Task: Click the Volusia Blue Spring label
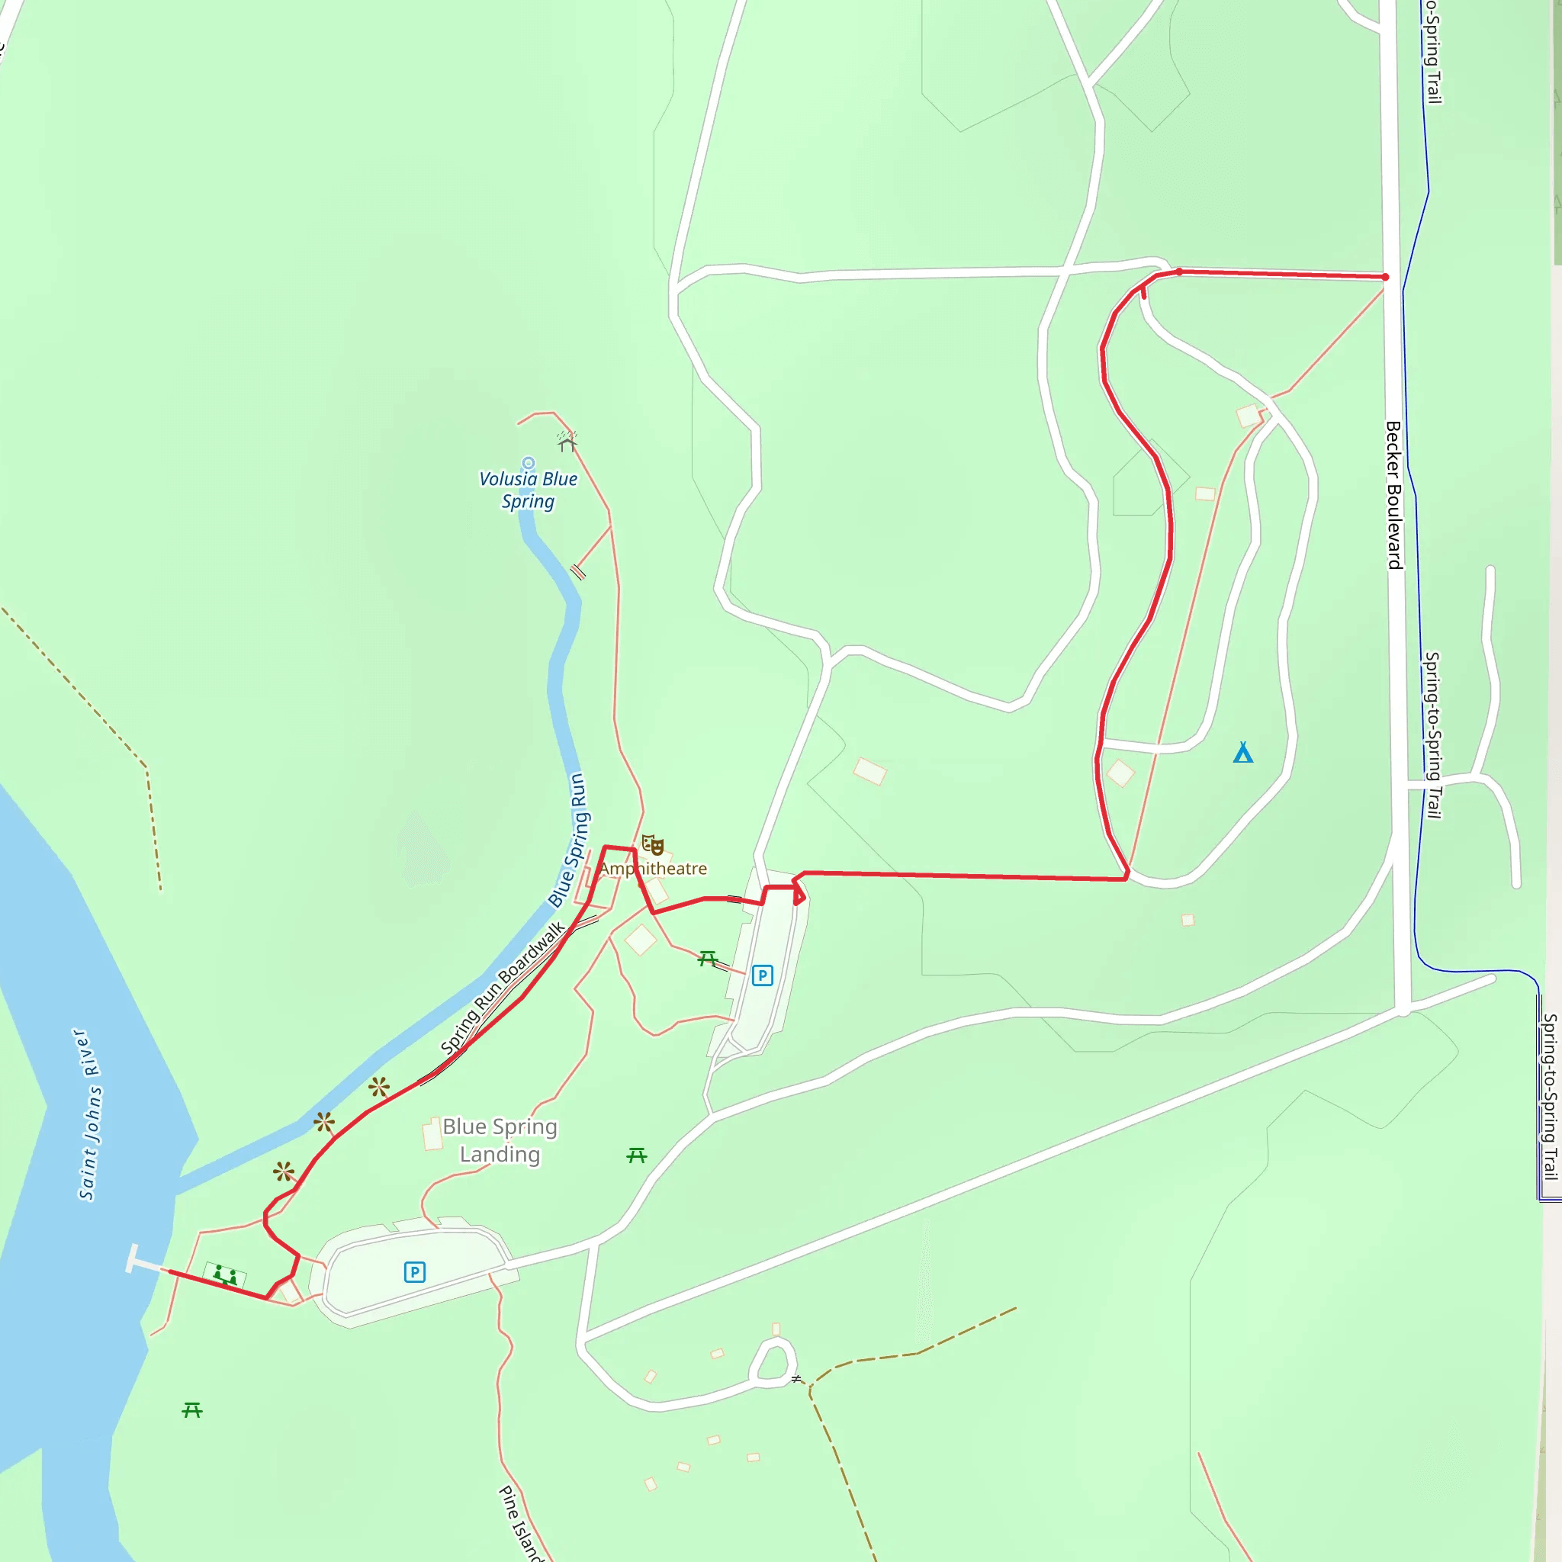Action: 528,490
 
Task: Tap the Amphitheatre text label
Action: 654,868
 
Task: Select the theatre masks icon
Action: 652,846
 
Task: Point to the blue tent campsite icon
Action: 1242,753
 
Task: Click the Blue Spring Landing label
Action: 500,1140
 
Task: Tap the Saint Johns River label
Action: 90,1115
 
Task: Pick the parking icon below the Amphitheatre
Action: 762,975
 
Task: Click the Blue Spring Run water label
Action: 569,839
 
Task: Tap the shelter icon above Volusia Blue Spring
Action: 567,442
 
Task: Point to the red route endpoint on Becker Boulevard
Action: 1385,278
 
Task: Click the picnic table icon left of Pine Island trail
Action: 191,1410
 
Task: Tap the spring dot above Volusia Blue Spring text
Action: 528,463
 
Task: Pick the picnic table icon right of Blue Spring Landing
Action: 637,1156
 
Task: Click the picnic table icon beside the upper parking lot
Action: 709,959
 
